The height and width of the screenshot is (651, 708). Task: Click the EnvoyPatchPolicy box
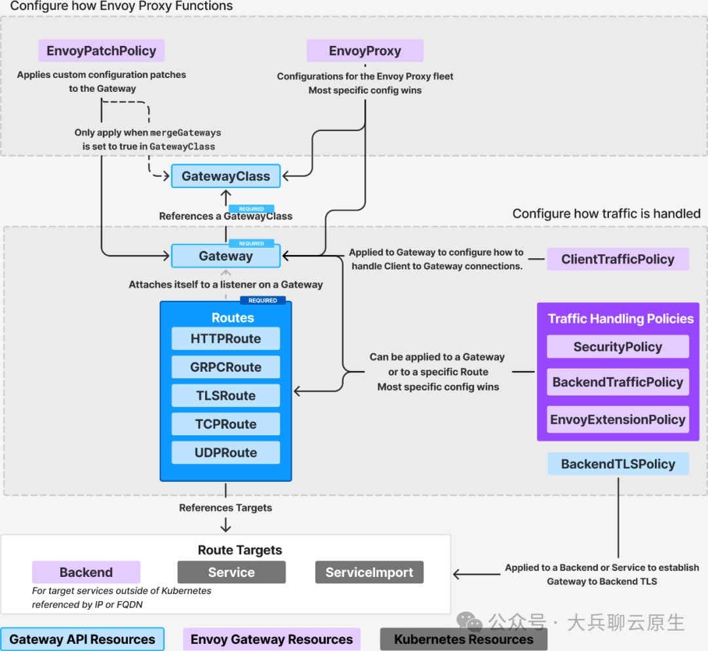101,50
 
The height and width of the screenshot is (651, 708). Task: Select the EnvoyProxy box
365,50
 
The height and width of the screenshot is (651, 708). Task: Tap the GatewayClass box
226,176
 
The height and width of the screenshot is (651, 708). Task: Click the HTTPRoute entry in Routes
226,338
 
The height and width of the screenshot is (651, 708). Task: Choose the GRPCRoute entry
226,367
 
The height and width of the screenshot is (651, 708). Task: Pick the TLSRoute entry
226,395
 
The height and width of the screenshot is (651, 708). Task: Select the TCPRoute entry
226,424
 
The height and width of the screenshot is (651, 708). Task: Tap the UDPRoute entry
226,452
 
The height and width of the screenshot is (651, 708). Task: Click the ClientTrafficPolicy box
618,259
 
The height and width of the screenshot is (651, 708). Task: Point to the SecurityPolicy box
618,347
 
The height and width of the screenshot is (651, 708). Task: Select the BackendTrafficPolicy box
618,382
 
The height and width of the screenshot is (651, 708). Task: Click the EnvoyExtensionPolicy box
618,420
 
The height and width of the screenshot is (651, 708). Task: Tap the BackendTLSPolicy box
618,464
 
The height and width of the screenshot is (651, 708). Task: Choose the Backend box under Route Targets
87,572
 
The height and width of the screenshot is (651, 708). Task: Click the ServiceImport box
369,572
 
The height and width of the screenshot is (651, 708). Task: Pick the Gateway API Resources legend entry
82,639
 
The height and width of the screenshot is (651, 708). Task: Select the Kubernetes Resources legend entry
463,639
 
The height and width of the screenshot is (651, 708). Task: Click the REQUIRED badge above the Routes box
263,300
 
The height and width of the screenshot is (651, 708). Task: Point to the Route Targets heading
240,550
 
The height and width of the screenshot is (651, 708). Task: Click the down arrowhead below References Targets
226,527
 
